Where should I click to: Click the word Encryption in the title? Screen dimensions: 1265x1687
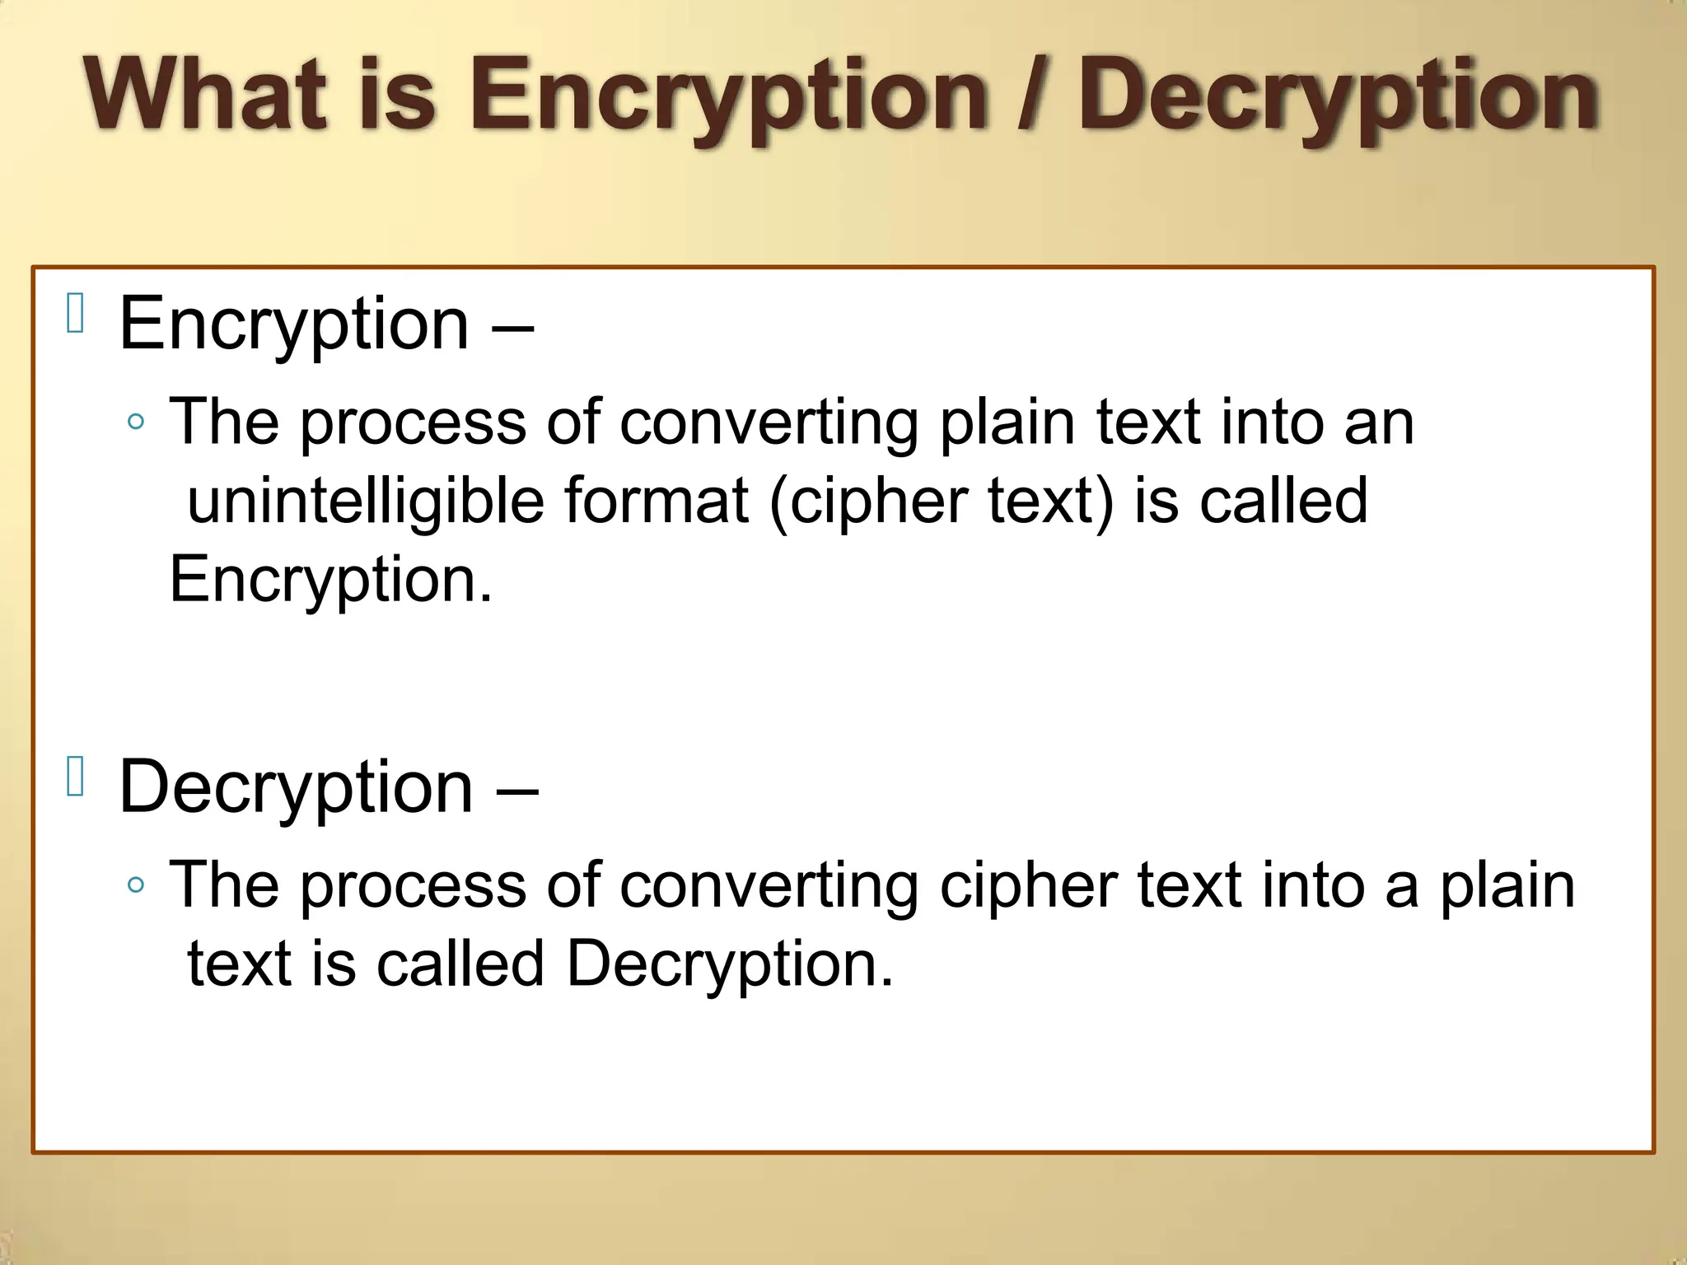point(728,97)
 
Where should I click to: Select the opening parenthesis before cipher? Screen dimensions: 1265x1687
point(778,502)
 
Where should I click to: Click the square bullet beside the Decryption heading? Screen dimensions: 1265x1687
point(76,777)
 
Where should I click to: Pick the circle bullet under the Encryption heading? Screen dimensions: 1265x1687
point(137,422)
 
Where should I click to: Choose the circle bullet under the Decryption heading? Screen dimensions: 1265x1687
point(137,885)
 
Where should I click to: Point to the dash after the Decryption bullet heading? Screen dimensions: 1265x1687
point(516,790)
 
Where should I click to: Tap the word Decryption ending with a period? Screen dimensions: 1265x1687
point(729,964)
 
